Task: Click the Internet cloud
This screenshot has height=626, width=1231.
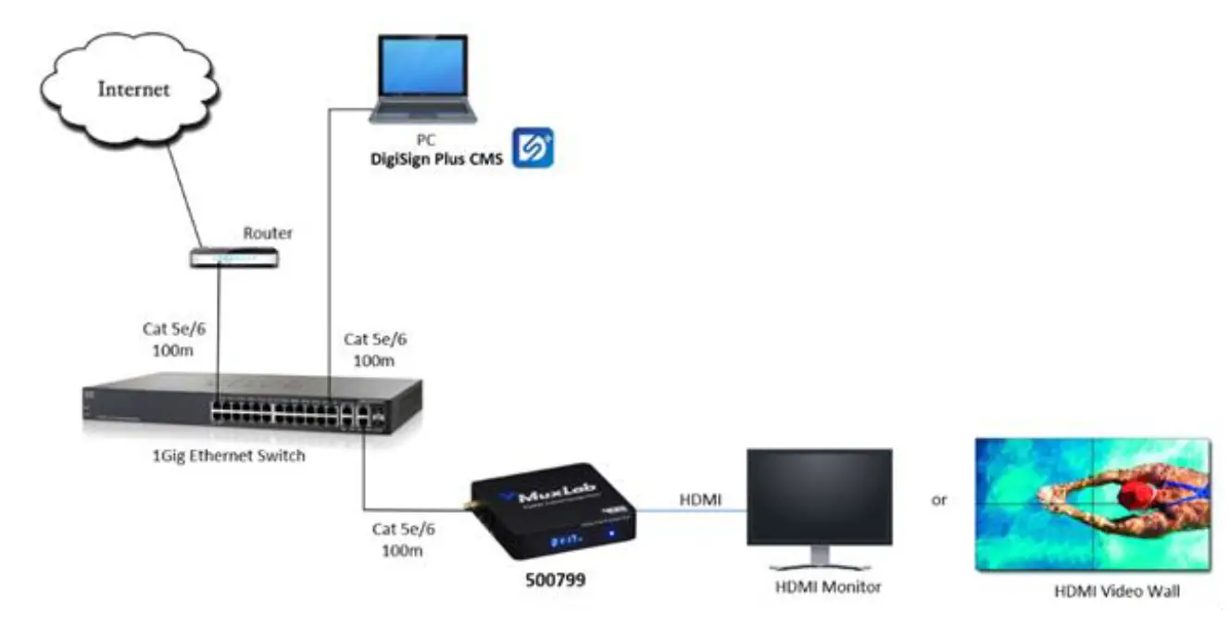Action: point(129,89)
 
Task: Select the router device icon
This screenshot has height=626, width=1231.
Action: point(233,259)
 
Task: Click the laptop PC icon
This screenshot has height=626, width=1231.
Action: point(422,81)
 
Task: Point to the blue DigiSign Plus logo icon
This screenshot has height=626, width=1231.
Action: point(533,147)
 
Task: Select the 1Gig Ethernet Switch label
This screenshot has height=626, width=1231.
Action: point(227,456)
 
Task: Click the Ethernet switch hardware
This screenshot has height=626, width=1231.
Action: point(250,404)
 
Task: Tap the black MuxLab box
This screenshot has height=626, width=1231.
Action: point(553,509)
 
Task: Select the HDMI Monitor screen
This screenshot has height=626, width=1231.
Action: point(820,498)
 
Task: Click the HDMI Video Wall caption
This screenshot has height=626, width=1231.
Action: point(1117,591)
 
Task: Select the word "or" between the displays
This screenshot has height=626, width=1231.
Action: point(939,500)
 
